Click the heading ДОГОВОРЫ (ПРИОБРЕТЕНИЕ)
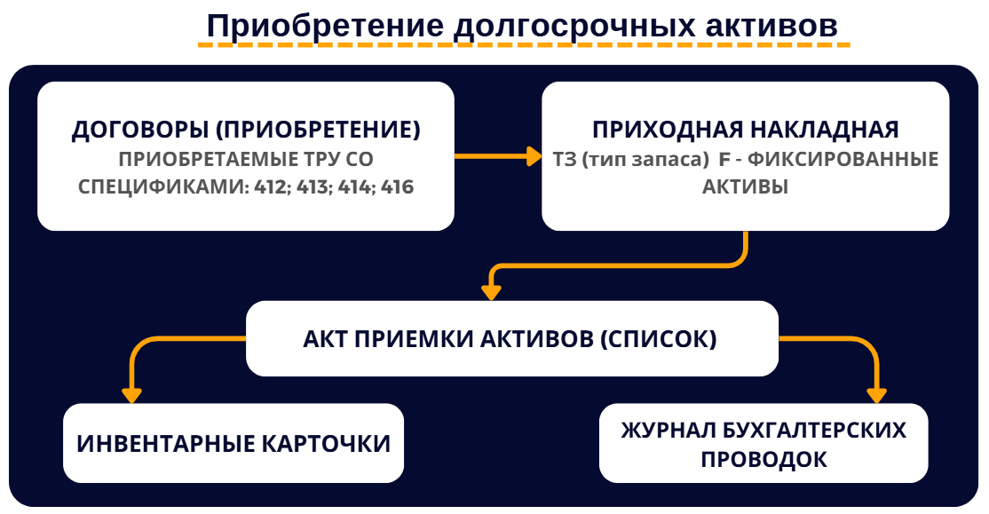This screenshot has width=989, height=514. (246, 130)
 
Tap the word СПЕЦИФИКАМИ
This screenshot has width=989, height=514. (163, 187)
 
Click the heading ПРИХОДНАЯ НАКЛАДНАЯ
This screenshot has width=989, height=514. (746, 130)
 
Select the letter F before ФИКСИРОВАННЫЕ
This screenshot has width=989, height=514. (724, 160)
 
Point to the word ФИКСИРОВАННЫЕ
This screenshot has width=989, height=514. (843, 160)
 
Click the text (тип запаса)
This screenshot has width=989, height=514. (645, 160)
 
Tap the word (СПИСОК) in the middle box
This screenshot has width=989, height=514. (658, 339)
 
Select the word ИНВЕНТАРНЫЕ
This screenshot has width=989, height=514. (165, 444)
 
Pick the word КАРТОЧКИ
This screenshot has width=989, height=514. (326, 444)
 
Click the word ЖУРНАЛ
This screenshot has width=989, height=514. (669, 431)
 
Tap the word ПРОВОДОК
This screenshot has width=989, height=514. (764, 460)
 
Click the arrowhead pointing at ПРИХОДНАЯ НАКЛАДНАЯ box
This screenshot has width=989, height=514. (534, 156)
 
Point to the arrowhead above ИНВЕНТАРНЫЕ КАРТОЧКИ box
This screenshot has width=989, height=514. (131, 395)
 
